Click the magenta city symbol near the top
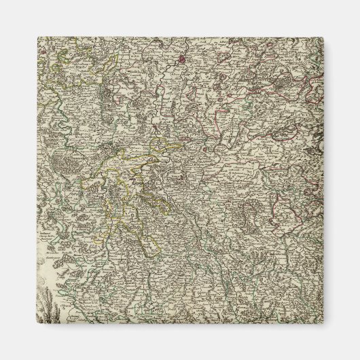coord(183,59)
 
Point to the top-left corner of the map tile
coord(37,38)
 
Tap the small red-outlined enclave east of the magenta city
coord(224,68)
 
